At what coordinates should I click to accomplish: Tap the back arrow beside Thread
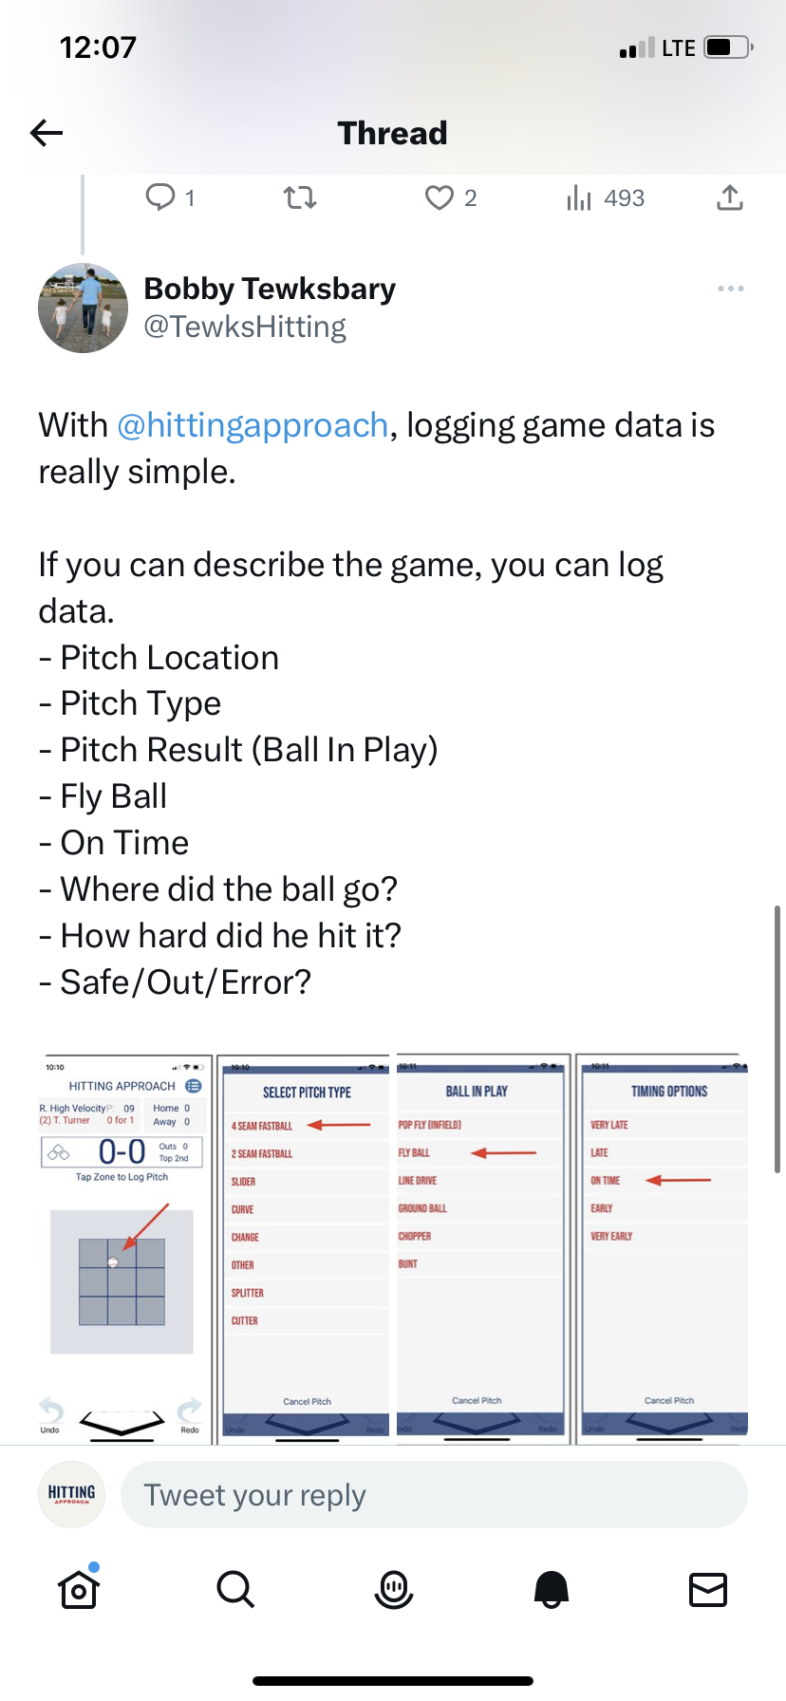tap(47, 133)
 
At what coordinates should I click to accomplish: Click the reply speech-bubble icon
tap(159, 197)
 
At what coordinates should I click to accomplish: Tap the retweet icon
tap(300, 197)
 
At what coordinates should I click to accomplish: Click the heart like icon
tap(439, 197)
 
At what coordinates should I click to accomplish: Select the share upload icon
tap(729, 197)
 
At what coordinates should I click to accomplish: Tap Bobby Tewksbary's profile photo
tap(84, 308)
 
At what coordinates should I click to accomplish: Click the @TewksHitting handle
tap(245, 327)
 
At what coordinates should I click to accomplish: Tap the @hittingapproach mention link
tap(253, 425)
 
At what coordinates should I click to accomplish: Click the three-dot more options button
tap(730, 289)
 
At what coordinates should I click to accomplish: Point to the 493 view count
tap(624, 197)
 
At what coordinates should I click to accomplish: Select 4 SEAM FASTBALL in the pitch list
tap(262, 1126)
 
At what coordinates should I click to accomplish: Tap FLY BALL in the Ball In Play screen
tap(414, 1152)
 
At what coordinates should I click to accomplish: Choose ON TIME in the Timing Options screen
tap(605, 1180)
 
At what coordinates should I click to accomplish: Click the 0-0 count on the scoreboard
tap(122, 1152)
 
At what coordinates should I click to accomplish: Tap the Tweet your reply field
tap(434, 1495)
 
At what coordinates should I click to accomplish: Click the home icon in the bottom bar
tap(79, 1589)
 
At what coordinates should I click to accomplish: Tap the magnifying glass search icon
tap(235, 1589)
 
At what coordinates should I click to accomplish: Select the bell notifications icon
tap(552, 1589)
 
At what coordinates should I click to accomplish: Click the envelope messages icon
tap(708, 1589)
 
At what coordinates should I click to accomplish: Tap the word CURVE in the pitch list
tap(243, 1209)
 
